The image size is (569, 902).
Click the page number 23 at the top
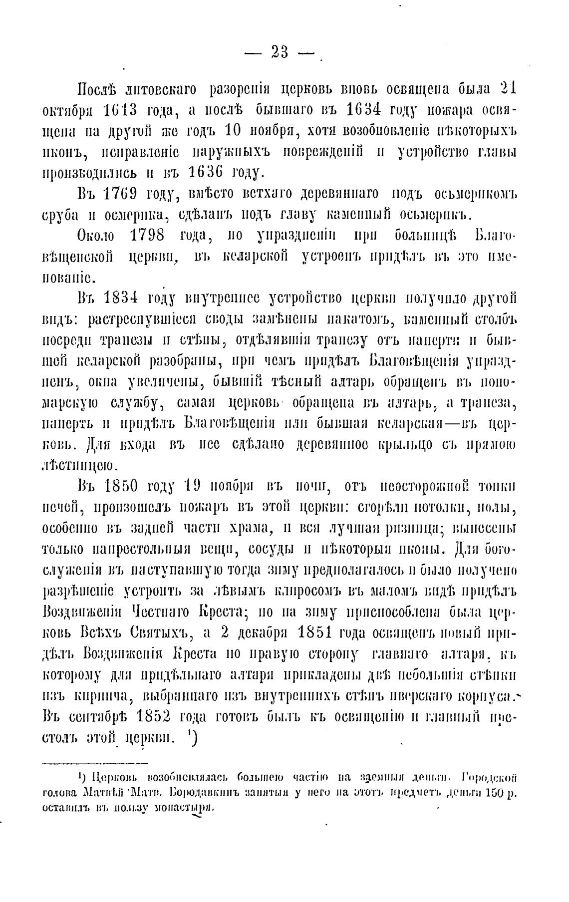(280, 52)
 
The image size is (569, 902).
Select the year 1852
(148, 717)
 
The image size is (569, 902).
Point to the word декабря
(264, 633)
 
